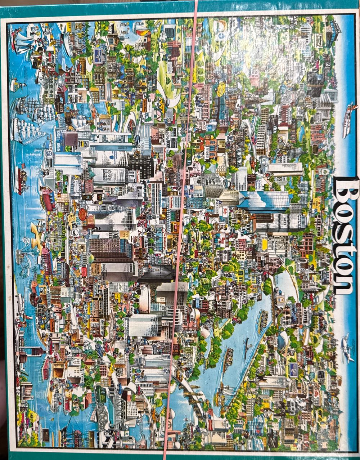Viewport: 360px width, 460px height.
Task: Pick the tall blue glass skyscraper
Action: coord(265,202)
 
